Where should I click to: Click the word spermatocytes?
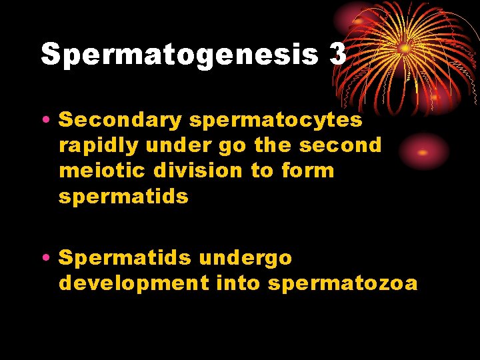click(x=276, y=121)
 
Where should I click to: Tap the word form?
click(x=307, y=171)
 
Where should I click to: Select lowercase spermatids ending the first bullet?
click(x=123, y=197)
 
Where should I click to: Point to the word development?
click(x=133, y=283)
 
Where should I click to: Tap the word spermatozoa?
click(x=343, y=284)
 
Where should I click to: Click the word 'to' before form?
click(x=261, y=171)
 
